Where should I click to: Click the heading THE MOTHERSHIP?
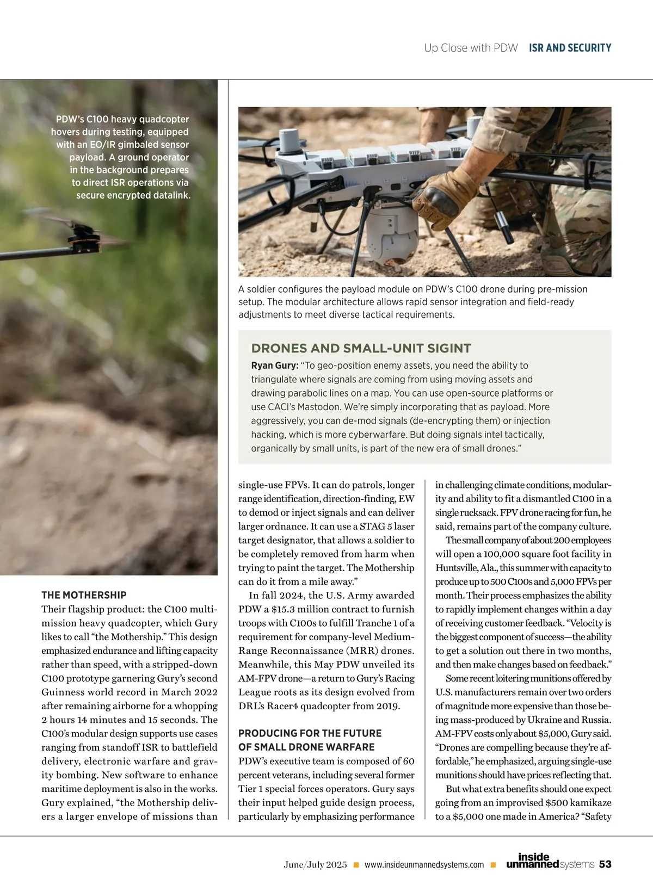coord(84,595)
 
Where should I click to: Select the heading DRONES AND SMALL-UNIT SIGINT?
coord(361,348)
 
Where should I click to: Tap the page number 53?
coord(605,864)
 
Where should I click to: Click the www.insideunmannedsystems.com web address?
coord(424,865)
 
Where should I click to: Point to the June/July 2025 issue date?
coord(315,865)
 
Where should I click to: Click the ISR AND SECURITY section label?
coord(570,48)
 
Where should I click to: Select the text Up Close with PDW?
coord(471,48)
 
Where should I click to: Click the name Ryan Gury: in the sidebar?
coord(275,366)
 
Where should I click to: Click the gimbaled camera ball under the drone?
coord(392,240)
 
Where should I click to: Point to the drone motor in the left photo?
coord(84,239)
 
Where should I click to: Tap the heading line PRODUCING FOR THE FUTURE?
coord(310,733)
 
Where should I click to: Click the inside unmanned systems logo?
coord(550,861)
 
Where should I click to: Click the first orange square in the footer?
coord(356,865)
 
